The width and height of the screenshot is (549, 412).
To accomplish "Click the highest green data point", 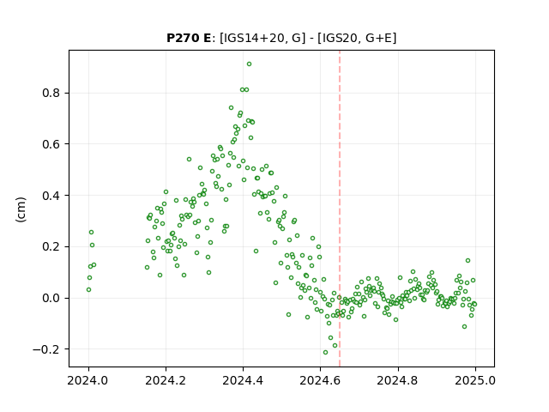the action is point(249,64).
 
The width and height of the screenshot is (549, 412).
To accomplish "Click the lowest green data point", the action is point(325,353).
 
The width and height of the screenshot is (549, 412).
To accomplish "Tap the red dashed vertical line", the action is point(340,209).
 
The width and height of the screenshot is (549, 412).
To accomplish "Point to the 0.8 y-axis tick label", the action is point(51,93).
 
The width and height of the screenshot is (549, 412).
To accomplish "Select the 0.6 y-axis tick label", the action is point(51,144).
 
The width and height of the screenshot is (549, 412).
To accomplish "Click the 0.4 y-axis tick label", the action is point(51,196).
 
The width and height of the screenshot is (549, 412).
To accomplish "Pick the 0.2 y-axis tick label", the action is point(51,246).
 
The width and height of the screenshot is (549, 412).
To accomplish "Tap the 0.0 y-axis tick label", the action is point(51,298).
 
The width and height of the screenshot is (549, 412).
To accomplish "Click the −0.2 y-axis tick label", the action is point(46,349).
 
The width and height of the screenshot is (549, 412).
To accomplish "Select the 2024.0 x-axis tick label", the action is point(87,380).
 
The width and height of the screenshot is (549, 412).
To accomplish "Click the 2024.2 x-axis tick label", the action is point(166,380).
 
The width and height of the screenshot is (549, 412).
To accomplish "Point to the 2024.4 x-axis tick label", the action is point(243,380).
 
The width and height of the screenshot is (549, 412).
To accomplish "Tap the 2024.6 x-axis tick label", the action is point(320,380).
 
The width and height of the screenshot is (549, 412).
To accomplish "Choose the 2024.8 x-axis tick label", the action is point(397,380).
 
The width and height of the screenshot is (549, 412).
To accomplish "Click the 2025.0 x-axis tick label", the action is point(475,380).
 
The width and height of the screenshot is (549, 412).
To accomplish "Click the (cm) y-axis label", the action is point(21,209).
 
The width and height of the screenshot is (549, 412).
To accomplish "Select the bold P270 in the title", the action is point(182,38).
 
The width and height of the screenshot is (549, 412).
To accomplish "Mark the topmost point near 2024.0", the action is point(91,233).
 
